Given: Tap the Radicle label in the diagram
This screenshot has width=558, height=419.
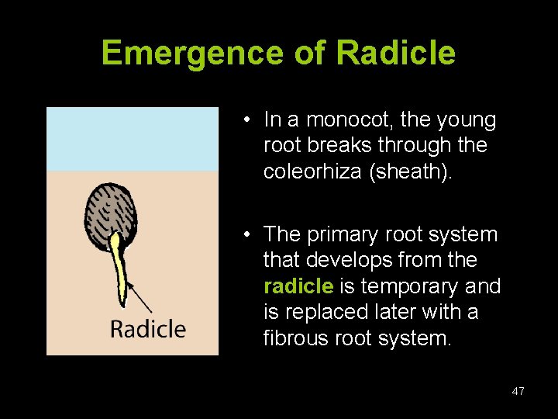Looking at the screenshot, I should tap(148, 328).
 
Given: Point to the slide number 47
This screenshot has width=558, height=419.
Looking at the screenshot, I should tap(518, 391).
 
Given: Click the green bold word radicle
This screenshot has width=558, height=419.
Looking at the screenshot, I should tap(298, 286).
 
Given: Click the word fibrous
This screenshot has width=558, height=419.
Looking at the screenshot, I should tap(293, 338).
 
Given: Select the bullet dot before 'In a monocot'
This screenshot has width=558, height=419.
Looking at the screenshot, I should tap(244, 120).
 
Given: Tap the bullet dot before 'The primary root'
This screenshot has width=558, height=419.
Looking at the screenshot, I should tap(244, 234).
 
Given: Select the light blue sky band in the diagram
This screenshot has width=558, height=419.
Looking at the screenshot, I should tap(132, 138).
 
